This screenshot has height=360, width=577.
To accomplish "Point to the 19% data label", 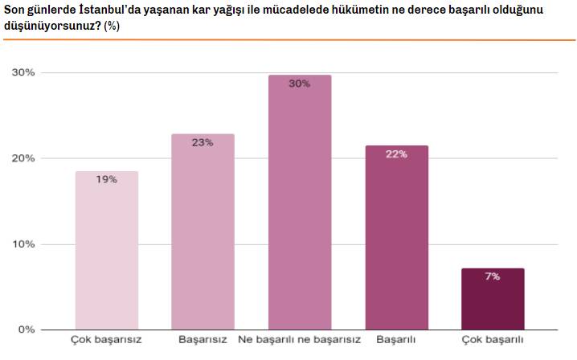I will (107, 180).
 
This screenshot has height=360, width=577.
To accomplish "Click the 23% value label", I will (203, 143).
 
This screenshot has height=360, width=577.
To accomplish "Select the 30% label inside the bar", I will (299, 84).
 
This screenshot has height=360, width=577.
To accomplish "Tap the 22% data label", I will (396, 154).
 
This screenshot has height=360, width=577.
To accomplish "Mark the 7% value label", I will (493, 276).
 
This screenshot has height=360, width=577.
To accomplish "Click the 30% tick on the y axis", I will (23, 73).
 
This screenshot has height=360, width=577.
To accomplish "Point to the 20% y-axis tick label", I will (23, 158).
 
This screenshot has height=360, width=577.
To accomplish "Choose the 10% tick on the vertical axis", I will (23, 244).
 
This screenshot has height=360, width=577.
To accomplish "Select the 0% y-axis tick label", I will (26, 329).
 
